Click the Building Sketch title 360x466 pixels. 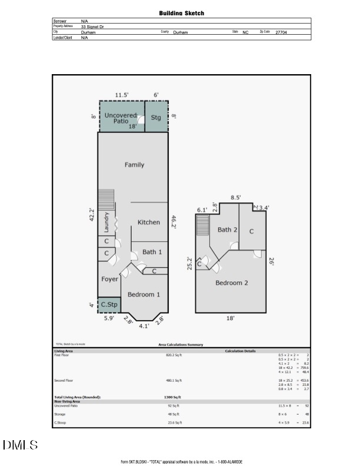(x=182, y=13)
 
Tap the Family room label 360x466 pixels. (x=134, y=165)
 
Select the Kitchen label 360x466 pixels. (x=149, y=222)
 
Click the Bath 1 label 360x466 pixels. (x=152, y=252)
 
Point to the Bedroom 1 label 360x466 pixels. (x=142, y=294)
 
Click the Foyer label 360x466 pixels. (x=109, y=279)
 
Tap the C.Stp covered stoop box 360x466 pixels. (x=109, y=305)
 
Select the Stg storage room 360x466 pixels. (x=156, y=117)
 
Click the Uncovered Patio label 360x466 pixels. (x=121, y=118)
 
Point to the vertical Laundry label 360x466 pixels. (x=106, y=223)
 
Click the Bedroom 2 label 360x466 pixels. (x=231, y=283)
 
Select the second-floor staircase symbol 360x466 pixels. (x=202, y=225)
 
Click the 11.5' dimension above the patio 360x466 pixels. (x=122, y=94)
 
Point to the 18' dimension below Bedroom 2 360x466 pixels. (x=231, y=318)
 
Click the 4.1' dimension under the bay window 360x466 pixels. (x=143, y=325)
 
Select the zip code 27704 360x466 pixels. (x=281, y=32)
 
